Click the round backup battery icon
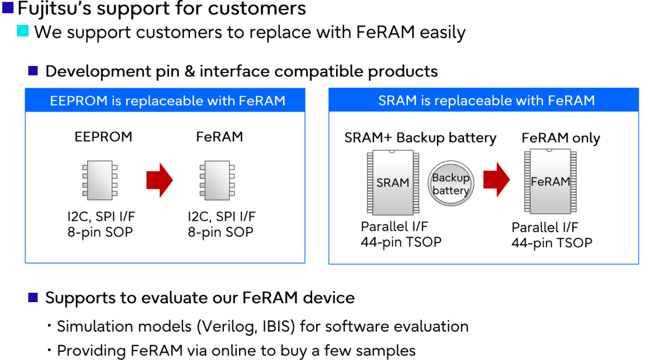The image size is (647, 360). click(x=451, y=184)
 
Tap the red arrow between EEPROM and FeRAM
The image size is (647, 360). click(x=160, y=180)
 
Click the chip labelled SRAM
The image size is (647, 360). click(x=393, y=182)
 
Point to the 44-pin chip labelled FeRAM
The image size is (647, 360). click(x=550, y=181)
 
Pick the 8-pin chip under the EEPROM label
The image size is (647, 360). click(x=99, y=180)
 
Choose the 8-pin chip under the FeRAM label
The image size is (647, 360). click(x=217, y=180)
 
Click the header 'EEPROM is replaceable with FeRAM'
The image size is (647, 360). click(x=165, y=101)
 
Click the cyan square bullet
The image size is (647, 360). click(x=23, y=31)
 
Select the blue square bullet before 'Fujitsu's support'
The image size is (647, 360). click(x=8, y=8)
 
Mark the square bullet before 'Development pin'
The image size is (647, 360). click(x=33, y=71)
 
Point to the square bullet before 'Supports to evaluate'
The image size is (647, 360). click(x=33, y=298)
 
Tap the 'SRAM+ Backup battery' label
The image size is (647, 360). click(x=420, y=138)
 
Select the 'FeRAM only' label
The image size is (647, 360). click(x=560, y=138)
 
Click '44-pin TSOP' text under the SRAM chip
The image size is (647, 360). click(x=401, y=241)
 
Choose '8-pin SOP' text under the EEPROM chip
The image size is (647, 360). click(x=100, y=232)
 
